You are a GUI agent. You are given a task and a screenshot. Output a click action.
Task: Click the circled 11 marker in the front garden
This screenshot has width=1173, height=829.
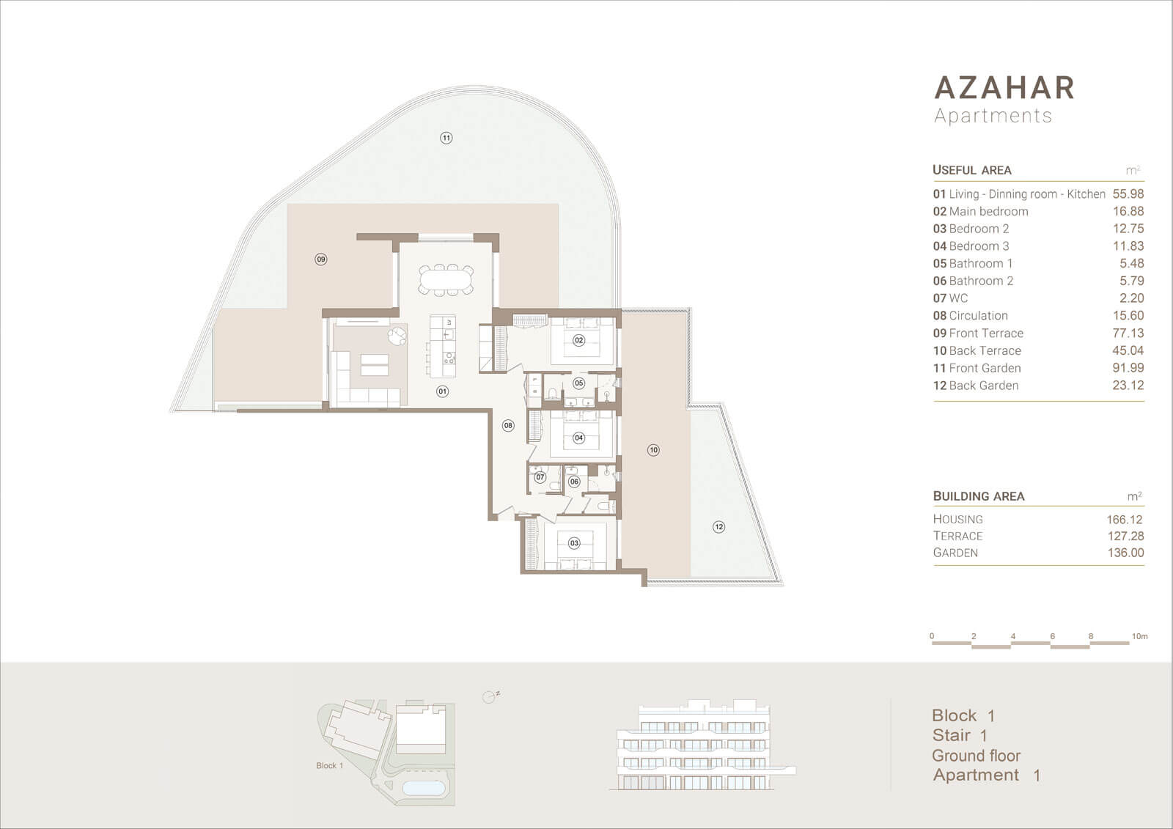[x=446, y=139]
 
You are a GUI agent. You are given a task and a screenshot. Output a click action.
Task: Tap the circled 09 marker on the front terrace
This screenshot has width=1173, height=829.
[x=321, y=259]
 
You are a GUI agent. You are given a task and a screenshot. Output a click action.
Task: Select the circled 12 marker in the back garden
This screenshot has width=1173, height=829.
[x=719, y=527]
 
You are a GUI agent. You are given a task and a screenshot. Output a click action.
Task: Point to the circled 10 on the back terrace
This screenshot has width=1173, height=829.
[x=653, y=450]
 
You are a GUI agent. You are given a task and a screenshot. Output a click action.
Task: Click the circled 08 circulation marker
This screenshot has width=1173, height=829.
[x=508, y=426]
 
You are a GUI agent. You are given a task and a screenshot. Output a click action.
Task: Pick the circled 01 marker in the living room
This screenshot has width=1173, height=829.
[x=443, y=391]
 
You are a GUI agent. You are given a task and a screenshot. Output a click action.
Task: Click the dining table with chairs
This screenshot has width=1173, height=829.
[x=446, y=280]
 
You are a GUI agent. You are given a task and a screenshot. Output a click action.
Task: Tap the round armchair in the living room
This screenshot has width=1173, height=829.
[x=397, y=336]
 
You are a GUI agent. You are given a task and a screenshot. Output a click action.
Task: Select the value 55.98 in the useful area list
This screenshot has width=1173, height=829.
[x=1128, y=194]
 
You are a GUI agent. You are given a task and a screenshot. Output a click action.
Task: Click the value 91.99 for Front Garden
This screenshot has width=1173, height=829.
[x=1128, y=368]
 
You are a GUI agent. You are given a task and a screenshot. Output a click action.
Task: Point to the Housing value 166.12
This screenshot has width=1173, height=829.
[x=1125, y=520]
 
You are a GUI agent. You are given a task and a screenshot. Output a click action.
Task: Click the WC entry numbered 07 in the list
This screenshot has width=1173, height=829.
[x=950, y=298]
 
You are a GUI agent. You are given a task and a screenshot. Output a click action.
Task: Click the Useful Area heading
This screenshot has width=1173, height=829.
[x=972, y=170]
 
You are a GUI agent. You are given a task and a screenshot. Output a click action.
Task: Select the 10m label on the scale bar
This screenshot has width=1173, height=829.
[x=1139, y=636]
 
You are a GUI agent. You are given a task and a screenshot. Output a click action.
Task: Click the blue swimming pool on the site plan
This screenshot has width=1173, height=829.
[x=424, y=787]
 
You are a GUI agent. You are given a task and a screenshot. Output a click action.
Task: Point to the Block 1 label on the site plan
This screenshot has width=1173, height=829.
[x=330, y=766]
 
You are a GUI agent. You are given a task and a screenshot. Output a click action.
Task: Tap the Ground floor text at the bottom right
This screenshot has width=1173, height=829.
[x=976, y=756]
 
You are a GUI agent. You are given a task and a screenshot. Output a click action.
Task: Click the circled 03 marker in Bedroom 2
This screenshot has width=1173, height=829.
[x=575, y=543]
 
